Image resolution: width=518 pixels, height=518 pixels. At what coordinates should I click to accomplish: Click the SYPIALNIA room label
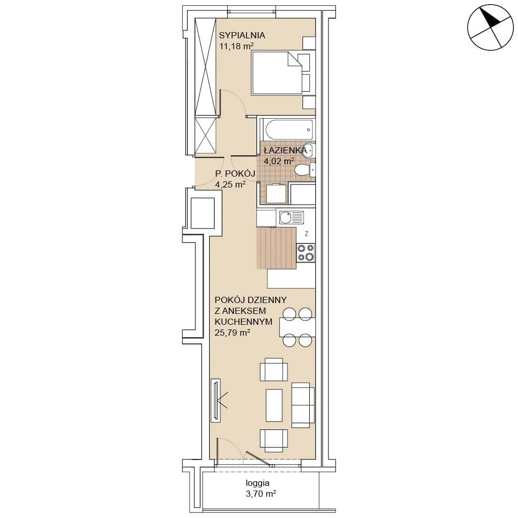tap(242, 35)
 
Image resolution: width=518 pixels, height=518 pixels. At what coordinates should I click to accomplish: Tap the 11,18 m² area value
tap(236, 46)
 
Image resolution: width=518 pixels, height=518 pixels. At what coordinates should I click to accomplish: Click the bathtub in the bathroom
tap(287, 129)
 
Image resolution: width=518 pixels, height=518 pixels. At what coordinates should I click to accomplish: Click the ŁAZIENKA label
tap(285, 151)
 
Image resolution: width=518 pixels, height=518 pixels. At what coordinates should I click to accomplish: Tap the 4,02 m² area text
tap(279, 162)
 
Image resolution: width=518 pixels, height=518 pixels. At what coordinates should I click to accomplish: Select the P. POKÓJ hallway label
tap(235, 174)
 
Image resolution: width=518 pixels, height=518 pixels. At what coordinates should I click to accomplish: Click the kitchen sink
tap(291, 218)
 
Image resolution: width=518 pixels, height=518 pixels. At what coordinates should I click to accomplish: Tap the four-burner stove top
tap(306, 253)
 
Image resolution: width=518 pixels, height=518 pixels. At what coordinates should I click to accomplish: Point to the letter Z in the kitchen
tap(307, 234)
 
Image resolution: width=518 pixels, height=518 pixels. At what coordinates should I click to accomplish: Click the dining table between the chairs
tap(297, 327)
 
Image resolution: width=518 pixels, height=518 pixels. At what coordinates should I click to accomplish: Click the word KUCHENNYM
tap(243, 322)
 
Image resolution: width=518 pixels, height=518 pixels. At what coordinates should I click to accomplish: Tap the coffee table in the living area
tap(274, 405)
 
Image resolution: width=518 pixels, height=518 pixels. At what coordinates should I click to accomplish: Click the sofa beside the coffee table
tap(303, 405)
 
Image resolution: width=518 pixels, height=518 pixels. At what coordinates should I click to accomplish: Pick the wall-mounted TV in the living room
tap(215, 400)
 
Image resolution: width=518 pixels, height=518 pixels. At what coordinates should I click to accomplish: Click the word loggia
tap(257, 483)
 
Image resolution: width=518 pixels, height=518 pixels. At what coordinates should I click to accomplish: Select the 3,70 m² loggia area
tap(261, 494)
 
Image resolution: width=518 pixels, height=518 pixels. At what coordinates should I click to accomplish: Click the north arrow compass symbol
tap(490, 27)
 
